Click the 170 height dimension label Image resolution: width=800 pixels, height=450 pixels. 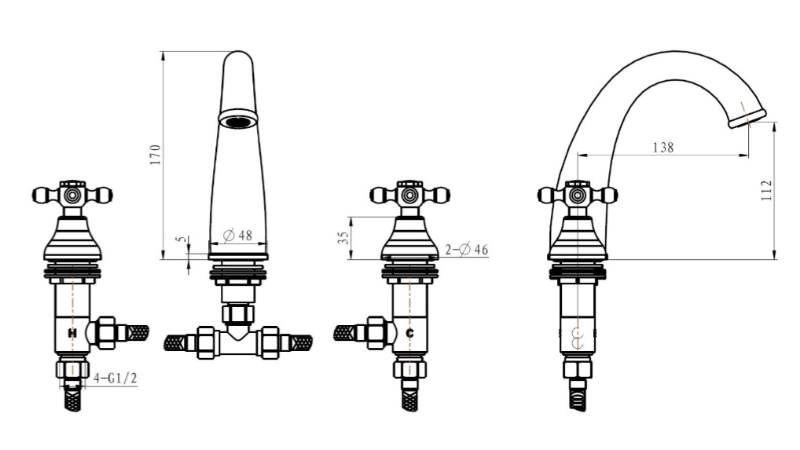pos(156,155)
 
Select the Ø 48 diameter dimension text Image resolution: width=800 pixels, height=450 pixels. pos(238,236)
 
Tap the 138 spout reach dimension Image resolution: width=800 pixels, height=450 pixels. pos(663,148)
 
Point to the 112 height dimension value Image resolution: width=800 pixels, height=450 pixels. pos(767,191)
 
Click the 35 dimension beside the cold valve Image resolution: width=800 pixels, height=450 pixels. pos(344,237)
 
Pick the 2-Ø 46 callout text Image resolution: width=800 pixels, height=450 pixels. pos(466,250)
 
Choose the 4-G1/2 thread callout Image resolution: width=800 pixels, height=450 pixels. pos(116,379)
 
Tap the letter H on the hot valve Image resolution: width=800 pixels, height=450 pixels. pos(72,333)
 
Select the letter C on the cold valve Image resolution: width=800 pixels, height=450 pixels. pos(409,333)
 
